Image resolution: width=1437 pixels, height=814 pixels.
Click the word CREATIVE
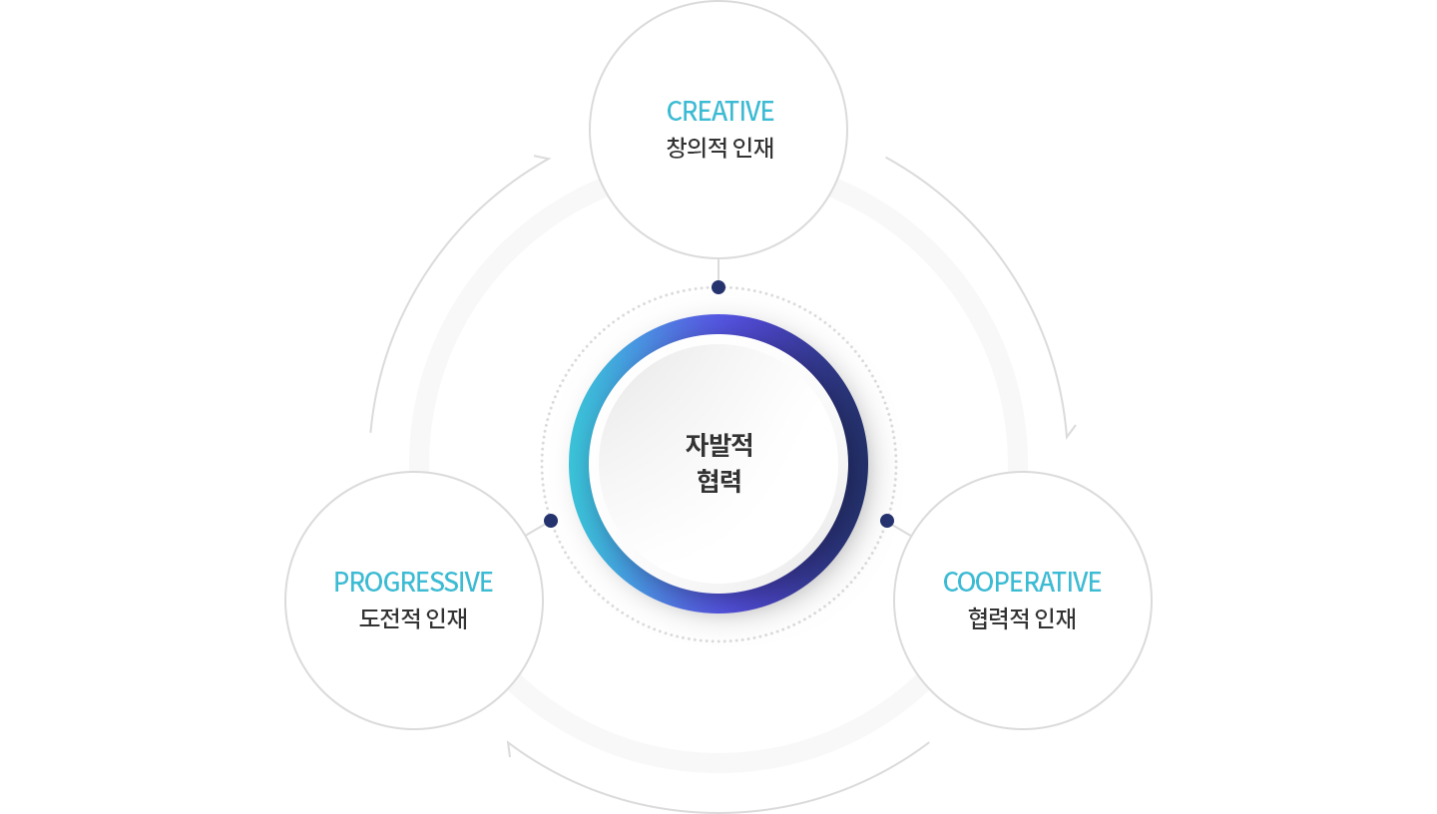719,111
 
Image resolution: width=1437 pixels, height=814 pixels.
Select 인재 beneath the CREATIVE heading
753,149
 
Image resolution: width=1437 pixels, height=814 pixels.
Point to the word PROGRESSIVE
413,582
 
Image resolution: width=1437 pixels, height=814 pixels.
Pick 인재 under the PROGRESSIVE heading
447,619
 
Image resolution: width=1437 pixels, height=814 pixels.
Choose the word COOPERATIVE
1022,582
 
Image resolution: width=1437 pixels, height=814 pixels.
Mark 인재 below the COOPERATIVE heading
1056,619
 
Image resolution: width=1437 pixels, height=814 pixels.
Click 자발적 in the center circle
718,445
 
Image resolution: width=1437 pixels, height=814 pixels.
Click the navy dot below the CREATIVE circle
718,286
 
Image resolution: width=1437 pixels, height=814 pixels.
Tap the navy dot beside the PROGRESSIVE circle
550,521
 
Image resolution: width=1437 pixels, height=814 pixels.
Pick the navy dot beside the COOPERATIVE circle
887,521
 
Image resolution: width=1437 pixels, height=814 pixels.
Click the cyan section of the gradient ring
580,465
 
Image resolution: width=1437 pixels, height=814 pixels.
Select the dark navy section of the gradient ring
857,465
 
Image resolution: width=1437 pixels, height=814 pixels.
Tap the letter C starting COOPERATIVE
951,582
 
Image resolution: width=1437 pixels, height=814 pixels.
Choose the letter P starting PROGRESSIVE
340,582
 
